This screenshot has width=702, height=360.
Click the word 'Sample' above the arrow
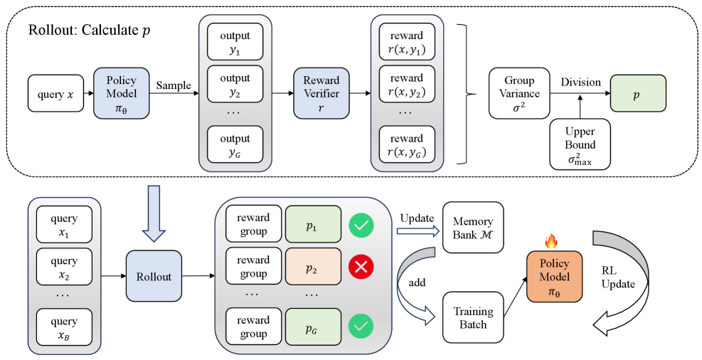click(174, 85)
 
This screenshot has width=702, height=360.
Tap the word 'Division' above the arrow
click(580, 82)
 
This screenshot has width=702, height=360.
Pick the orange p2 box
click(311, 268)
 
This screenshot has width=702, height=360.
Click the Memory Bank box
click(472, 227)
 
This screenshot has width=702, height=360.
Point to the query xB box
click(65, 327)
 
